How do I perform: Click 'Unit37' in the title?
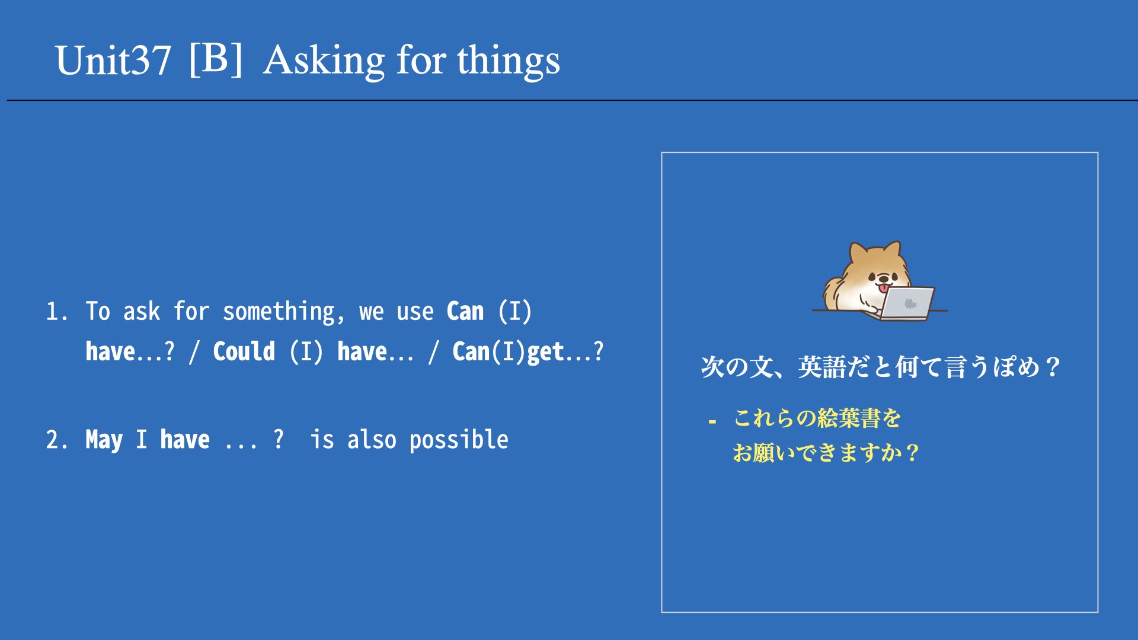pyautogui.click(x=113, y=60)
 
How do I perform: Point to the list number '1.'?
pyautogui.click(x=57, y=312)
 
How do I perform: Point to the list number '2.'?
pyautogui.click(x=57, y=440)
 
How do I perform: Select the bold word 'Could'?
pyautogui.click(x=244, y=351)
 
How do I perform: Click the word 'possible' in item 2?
pyautogui.click(x=459, y=440)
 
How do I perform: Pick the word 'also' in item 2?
pyautogui.click(x=372, y=440)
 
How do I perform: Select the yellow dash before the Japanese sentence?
pyautogui.click(x=712, y=422)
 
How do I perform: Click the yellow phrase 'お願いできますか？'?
pyautogui.click(x=826, y=453)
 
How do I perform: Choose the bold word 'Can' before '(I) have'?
pyautogui.click(x=465, y=312)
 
